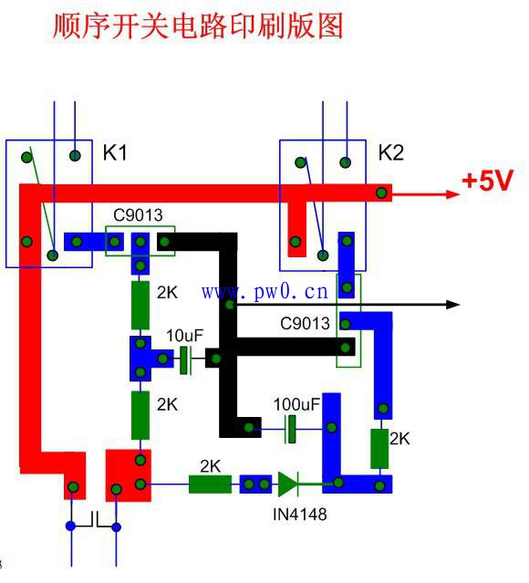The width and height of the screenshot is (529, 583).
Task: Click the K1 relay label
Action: point(115,152)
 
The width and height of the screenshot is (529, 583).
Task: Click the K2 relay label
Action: point(391,152)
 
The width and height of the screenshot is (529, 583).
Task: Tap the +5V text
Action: point(487,181)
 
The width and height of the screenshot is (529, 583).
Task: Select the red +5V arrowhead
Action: point(453,194)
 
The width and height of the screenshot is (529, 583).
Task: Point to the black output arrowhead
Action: point(453,305)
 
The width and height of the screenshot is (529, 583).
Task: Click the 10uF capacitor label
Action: point(185,336)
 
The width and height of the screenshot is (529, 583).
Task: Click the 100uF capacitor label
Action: point(296,404)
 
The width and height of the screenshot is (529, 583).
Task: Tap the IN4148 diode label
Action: point(300,515)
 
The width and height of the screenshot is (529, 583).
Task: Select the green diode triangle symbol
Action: point(288,484)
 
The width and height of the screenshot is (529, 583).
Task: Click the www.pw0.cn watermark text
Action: point(265,292)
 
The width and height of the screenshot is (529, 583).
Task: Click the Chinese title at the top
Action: point(198,26)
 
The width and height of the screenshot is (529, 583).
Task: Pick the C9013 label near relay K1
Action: point(138,215)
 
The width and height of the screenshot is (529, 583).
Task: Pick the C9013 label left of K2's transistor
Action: point(305,324)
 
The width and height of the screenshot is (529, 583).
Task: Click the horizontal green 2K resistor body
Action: point(210,484)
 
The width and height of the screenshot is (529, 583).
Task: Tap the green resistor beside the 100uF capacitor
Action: point(379,448)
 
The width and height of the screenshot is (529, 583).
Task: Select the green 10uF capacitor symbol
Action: point(184,359)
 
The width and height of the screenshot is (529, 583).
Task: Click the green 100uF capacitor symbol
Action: point(291,429)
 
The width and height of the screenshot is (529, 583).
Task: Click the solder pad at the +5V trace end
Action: point(382,193)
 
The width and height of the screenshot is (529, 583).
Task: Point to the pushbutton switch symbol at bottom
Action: point(94,520)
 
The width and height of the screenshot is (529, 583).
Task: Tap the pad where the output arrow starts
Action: point(230,305)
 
